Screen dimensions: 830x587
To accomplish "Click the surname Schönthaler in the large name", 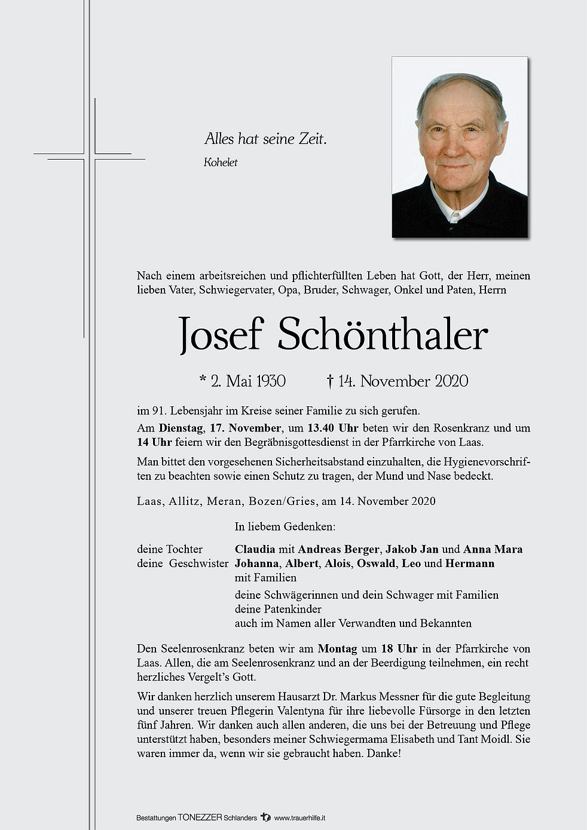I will tap(383, 336).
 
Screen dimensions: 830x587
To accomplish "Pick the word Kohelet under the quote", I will tap(220, 163).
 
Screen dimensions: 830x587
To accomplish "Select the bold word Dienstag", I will tap(182, 428).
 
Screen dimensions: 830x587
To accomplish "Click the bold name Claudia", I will tap(255, 549).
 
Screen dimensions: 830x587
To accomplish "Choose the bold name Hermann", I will tap(470, 563).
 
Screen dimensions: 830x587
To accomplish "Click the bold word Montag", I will tap(337, 648).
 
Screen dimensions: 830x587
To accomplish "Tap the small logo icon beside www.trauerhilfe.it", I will tap(266, 817).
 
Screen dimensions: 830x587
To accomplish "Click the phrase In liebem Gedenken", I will tap(285, 526).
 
